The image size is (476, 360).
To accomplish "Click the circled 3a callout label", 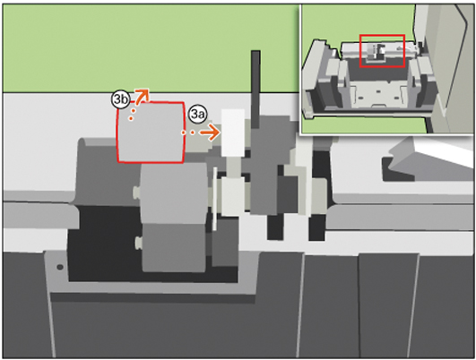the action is point(197,115).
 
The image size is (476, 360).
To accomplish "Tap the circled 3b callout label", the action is point(120,99).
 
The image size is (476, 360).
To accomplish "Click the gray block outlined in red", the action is point(151,133).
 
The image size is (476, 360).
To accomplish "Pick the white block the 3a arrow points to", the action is point(233,133).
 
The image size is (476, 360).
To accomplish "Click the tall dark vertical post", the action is point(255,90).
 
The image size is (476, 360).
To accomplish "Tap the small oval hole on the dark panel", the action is point(60,267).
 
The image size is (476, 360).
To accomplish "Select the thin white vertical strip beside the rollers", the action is point(214,199).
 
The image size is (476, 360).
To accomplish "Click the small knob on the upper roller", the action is point(136,192).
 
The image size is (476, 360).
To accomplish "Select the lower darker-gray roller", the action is point(174,247).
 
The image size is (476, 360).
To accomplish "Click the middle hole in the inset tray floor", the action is point(378,91).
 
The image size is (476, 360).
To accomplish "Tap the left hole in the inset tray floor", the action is point(360,98).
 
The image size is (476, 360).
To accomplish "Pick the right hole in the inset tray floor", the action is point(396,98).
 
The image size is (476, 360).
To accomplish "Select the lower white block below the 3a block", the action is point(233,195).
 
